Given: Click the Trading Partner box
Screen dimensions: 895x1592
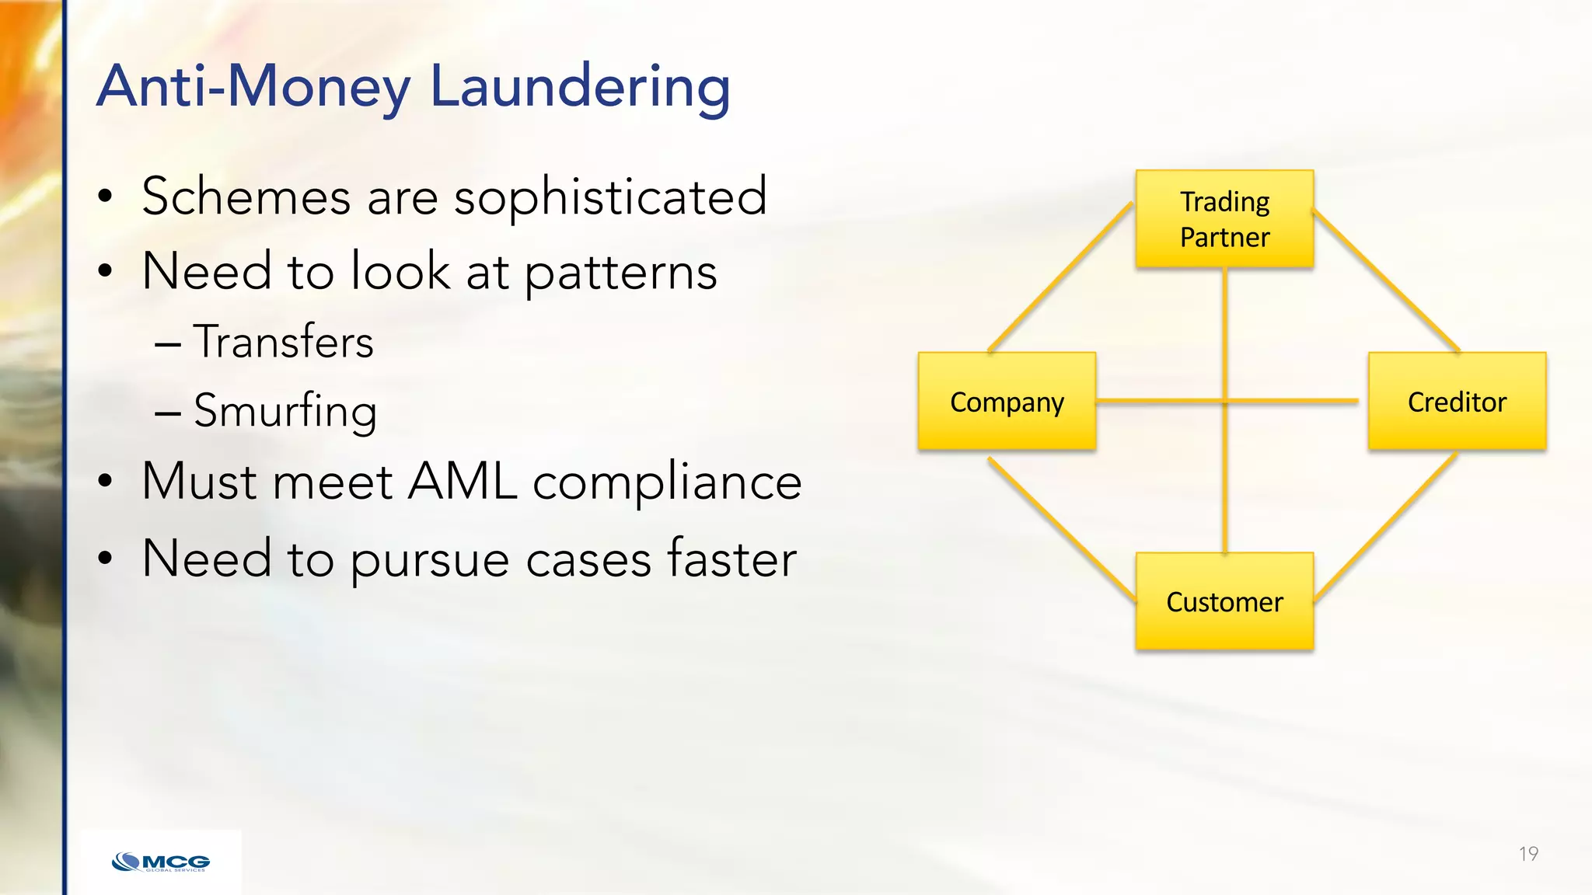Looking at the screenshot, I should click(1224, 220).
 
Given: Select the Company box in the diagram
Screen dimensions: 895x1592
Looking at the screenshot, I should click(1007, 402).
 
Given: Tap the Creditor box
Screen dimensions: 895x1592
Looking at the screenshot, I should click(1457, 402).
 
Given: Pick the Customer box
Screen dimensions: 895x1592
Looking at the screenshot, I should click(1224, 601).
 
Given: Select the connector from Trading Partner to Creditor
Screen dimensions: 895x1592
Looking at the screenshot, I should click(1386, 280).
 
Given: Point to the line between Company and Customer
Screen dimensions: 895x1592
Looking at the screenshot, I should click(1061, 529).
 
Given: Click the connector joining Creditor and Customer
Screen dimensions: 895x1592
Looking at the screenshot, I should click(1386, 526).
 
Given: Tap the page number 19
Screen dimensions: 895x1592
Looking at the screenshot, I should click(1528, 854).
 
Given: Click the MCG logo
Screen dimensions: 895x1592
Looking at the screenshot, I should click(161, 862).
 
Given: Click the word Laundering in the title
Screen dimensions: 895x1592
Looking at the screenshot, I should click(580, 87).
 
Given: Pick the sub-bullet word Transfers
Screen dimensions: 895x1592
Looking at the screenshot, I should click(284, 342).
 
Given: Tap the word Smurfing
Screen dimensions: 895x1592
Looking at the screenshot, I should click(285, 411).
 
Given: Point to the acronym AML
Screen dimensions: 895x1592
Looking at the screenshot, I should click(462, 482).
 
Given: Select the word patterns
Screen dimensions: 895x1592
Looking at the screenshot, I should click(620, 273).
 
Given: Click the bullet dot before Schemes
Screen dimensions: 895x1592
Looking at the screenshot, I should click(105, 197).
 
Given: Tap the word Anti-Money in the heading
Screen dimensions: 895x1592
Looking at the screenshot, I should click(253, 87).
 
